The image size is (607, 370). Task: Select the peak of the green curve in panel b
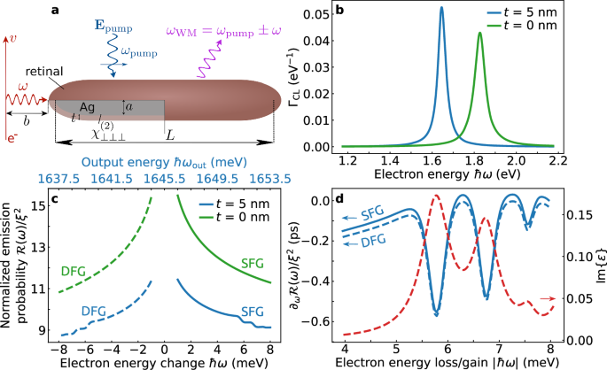click(479, 34)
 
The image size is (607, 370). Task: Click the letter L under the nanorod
click(170, 134)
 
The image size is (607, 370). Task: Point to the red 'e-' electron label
click(11, 137)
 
